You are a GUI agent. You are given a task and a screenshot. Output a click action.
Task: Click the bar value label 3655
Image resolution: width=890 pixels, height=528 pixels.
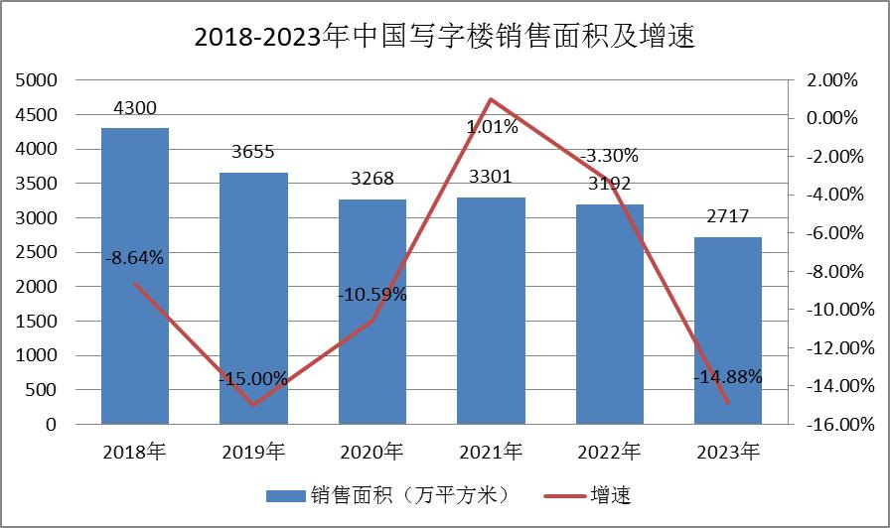point(253,152)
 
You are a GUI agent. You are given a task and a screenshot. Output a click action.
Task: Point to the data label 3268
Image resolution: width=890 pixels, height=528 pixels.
point(372,179)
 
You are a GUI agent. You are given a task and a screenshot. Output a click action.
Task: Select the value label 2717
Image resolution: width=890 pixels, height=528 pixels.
point(728,216)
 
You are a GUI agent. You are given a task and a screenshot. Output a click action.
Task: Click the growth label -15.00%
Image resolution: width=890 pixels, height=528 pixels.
point(253,379)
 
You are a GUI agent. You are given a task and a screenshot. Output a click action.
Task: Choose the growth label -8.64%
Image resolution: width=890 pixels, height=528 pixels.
point(134,258)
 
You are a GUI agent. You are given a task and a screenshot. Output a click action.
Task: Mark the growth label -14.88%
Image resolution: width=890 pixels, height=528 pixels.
point(728,376)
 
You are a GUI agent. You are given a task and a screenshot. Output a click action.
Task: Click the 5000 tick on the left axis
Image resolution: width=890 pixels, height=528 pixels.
point(37,80)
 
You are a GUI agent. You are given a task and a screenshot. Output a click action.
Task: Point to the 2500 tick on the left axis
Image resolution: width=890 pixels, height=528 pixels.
point(37,252)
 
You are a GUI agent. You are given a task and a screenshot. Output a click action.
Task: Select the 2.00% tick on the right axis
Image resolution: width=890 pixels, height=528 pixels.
point(832,80)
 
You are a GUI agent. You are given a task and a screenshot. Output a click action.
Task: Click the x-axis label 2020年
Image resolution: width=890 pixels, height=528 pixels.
point(372,453)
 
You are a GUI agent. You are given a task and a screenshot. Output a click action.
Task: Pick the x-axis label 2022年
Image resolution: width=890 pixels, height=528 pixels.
point(610,453)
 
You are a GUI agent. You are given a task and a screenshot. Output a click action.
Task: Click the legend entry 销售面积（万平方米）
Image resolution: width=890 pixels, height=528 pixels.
point(386,493)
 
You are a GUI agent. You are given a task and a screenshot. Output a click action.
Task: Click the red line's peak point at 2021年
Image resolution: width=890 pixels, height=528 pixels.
point(491,99)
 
